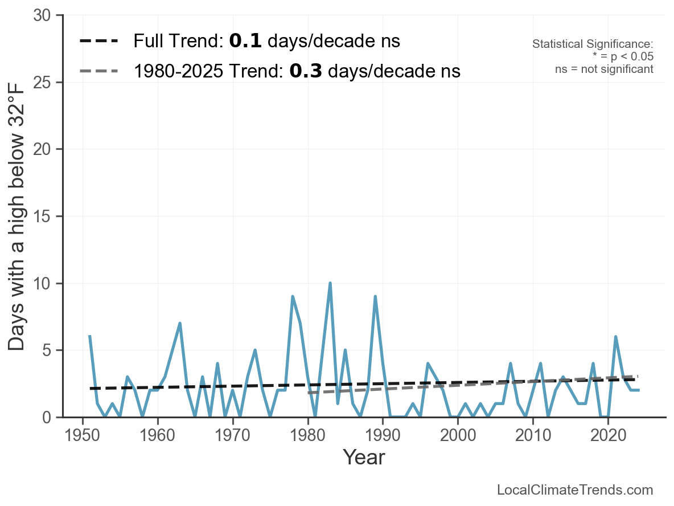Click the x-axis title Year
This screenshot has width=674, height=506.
pyautogui.click(x=364, y=458)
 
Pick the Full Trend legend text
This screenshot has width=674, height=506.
pyautogui.click(x=266, y=41)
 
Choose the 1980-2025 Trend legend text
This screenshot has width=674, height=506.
pyautogui.click(x=297, y=71)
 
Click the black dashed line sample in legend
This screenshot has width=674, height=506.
pyautogui.click(x=99, y=41)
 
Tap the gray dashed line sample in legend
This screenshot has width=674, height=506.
pyautogui.click(x=99, y=71)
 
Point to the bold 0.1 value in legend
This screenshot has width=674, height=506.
pyautogui.click(x=245, y=41)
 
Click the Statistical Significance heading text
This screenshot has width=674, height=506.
pyautogui.click(x=592, y=44)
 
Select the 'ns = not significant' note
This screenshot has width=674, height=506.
pyautogui.click(x=604, y=69)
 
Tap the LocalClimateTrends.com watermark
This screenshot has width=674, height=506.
pyautogui.click(x=575, y=490)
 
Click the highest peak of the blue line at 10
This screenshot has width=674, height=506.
pyautogui.click(x=330, y=283)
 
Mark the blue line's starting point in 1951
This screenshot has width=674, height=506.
pyautogui.click(x=90, y=337)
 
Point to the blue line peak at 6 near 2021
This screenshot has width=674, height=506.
pyautogui.click(x=615, y=337)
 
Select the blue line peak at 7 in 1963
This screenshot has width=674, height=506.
pyautogui.click(x=180, y=324)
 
